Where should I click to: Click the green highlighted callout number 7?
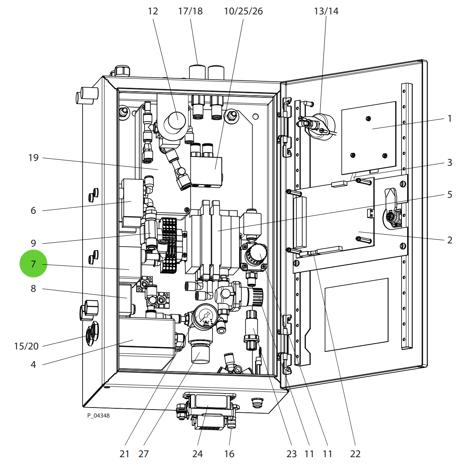(34, 264)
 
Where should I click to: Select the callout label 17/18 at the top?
(190, 11)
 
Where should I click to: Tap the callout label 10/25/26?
(243, 11)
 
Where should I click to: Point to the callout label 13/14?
(326, 11)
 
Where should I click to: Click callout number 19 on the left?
(34, 158)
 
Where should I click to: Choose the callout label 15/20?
(26, 346)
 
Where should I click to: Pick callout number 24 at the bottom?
(197, 454)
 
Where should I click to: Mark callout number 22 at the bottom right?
(355, 454)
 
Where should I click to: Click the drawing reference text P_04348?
(98, 416)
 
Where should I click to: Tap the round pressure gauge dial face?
(206, 316)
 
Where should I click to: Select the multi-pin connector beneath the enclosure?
(208, 412)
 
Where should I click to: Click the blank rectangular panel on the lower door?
(356, 314)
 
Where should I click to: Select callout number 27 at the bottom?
(143, 454)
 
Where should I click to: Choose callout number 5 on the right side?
(450, 195)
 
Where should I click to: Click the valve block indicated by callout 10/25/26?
(207, 170)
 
